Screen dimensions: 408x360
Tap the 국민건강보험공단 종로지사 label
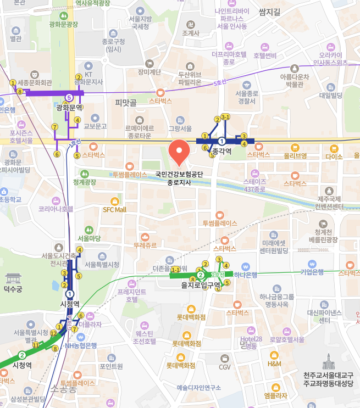coord(179,178)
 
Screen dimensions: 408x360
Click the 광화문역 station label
coord(69,108)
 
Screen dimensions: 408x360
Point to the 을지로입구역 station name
coord(201,284)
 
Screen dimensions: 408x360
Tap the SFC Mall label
coord(114,209)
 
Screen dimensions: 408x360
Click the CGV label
coord(225,367)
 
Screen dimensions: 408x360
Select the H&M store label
coord(274,363)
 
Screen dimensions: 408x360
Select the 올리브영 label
coord(295,155)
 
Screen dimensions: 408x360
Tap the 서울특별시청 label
coord(102,265)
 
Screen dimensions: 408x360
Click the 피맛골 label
coord(125,102)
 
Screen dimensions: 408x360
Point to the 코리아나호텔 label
coord(56,209)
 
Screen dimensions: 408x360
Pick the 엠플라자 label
coord(275,395)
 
